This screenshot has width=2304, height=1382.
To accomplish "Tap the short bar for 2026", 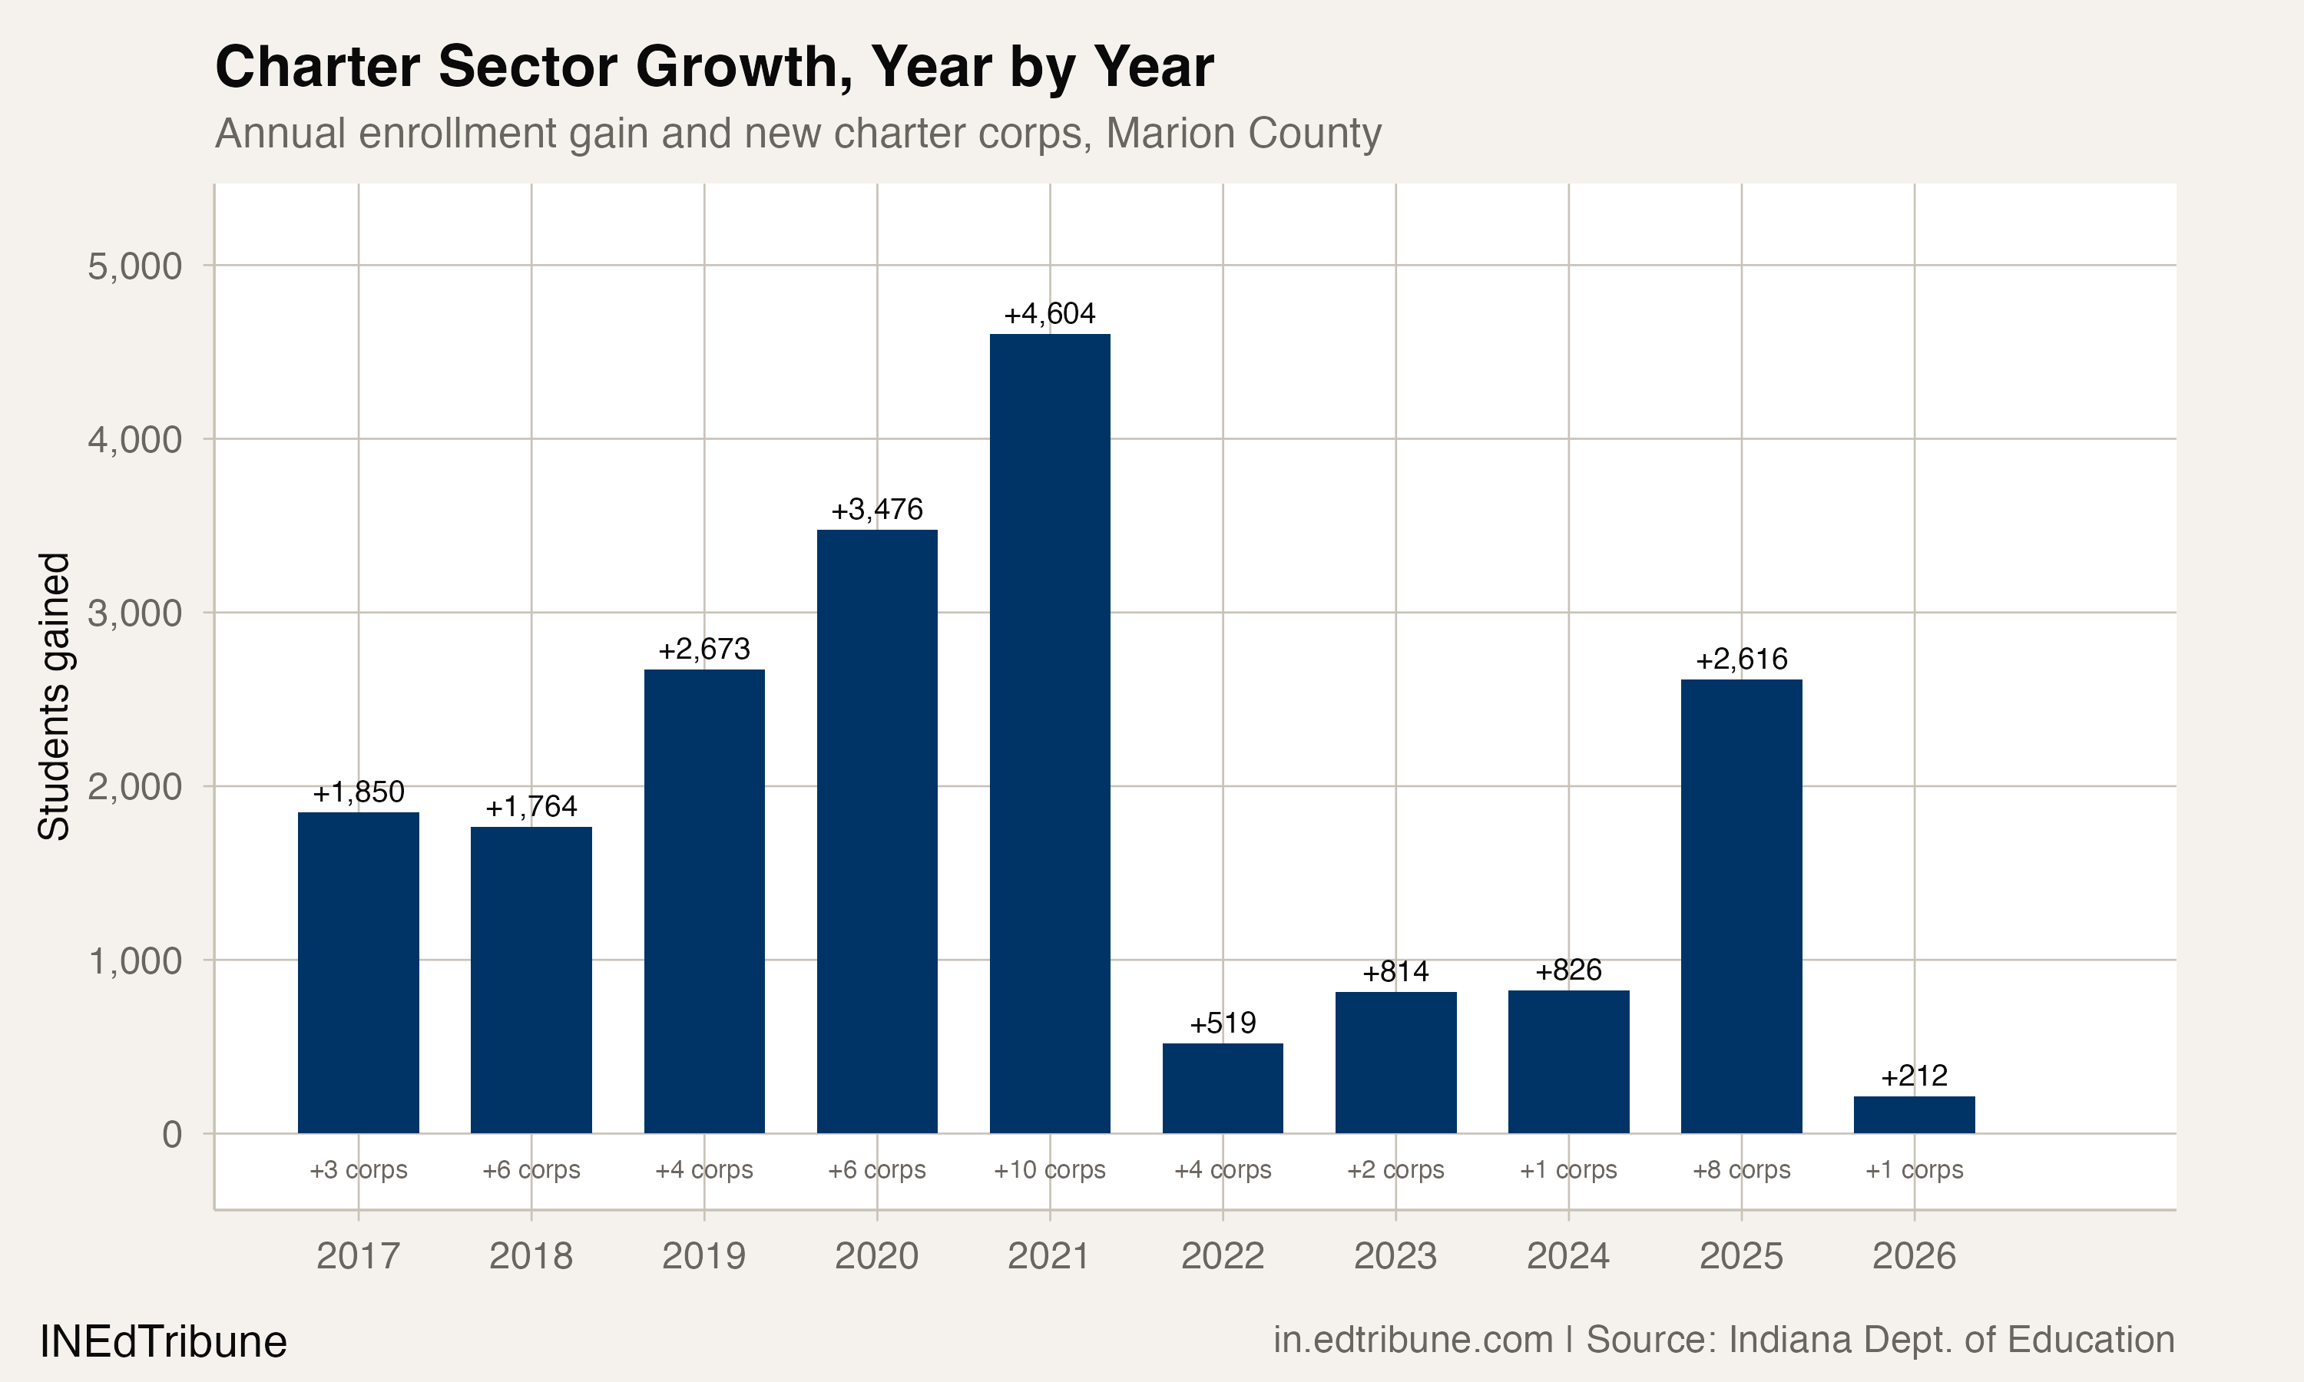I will pos(1914,1115).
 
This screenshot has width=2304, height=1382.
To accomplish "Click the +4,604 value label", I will pos(1050,314).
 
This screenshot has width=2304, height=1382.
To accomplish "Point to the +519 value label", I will pos(1223,1023).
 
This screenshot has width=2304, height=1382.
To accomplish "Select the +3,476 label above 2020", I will pos(876,509).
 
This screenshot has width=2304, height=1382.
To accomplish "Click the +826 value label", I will pos(1568,970).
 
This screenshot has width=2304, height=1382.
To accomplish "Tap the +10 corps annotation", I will pos(1050,1169).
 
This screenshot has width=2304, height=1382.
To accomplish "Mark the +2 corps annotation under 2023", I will pos(1395,1169).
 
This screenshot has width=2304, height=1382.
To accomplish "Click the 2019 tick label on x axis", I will pos(703,1256).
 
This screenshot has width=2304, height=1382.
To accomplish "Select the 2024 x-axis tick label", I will pos(1568,1256).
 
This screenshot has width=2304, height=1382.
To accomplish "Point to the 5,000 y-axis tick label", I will pos(135,266).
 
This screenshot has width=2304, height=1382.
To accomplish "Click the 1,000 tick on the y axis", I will pos(135,960).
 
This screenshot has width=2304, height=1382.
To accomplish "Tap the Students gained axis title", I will pos(54,696).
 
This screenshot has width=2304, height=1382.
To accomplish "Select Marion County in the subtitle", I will pos(1243,133).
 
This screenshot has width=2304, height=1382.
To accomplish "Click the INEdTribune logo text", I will pos(163,1342).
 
